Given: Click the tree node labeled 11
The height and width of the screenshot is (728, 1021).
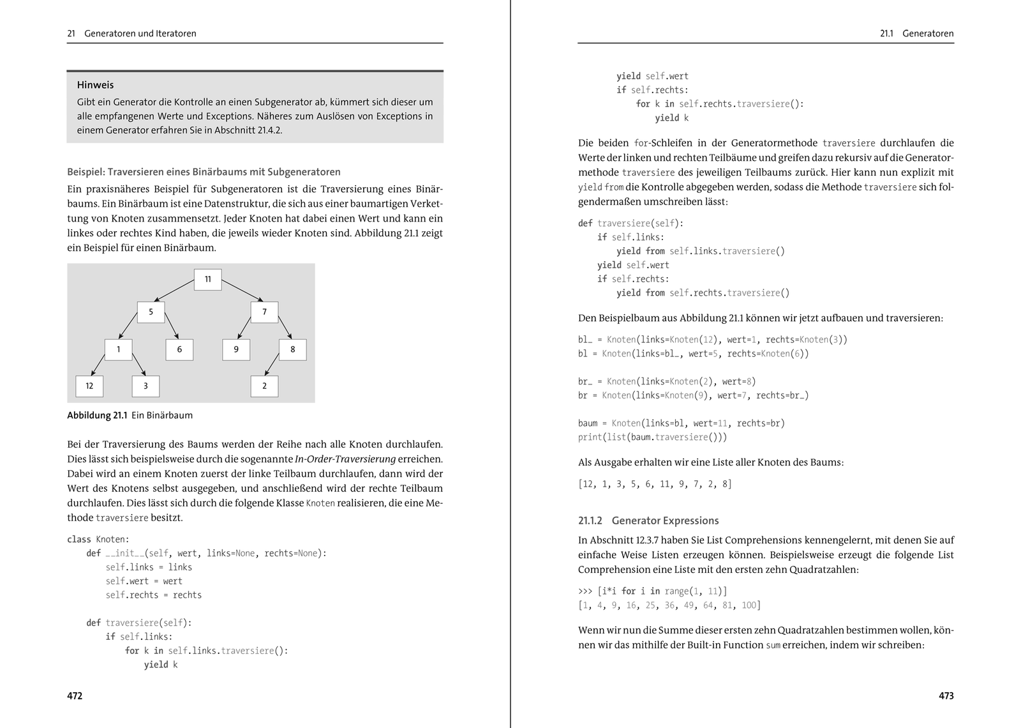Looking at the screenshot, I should pyautogui.click(x=207, y=279).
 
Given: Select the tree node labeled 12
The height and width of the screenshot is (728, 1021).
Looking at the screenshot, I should pyautogui.click(x=89, y=386).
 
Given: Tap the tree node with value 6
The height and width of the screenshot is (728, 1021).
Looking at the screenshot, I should pyautogui.click(x=179, y=349).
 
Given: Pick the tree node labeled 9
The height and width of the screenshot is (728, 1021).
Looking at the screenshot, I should pyautogui.click(x=236, y=349).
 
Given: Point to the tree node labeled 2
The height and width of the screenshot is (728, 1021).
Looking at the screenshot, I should pyautogui.click(x=264, y=386).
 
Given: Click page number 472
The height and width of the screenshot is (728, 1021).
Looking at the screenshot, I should pyautogui.click(x=75, y=695).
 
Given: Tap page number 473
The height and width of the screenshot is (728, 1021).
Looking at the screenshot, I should pyautogui.click(x=946, y=695).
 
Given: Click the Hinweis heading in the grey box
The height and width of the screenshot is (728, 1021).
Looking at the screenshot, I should pyautogui.click(x=95, y=85).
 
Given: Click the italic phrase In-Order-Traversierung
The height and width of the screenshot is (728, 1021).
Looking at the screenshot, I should pyautogui.click(x=345, y=459).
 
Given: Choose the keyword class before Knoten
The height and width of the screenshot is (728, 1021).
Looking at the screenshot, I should pyautogui.click(x=78, y=540).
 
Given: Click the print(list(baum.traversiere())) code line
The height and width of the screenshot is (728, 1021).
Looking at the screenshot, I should pyautogui.click(x=652, y=437).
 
